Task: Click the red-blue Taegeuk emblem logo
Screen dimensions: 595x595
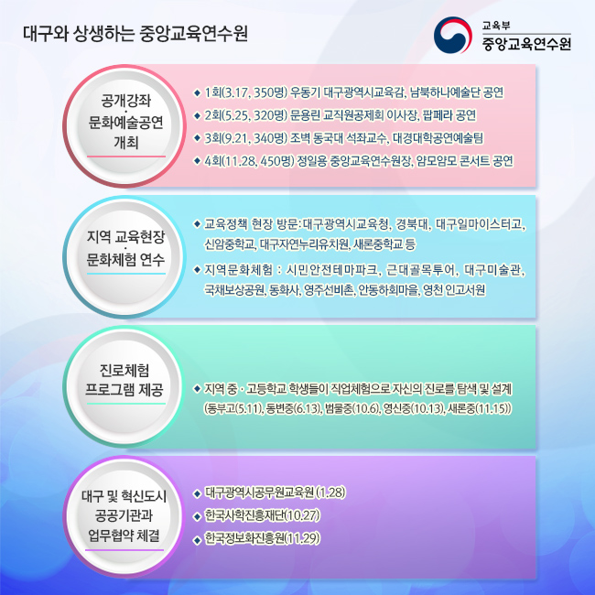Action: coord(452,35)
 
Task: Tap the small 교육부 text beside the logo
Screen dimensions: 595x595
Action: coord(496,26)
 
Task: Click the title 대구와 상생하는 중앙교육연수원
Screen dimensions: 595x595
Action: coord(135,33)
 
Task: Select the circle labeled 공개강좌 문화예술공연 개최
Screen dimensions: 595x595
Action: coord(124,126)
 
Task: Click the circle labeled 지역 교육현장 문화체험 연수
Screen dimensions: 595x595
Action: coord(124,257)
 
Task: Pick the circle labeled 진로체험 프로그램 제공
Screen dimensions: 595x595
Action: coord(124,387)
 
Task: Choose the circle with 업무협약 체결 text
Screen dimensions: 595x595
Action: coord(124,517)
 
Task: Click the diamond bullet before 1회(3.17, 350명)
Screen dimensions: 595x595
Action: coord(197,92)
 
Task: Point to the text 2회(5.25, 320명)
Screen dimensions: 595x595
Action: coord(245,115)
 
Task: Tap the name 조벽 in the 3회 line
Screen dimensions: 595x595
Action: coord(299,138)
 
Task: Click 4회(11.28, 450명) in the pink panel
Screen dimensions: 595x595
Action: coord(249,161)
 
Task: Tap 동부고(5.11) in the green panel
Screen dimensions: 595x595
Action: coord(233,408)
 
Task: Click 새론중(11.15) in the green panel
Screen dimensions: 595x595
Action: coord(480,408)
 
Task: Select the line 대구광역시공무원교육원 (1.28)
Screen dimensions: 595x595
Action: coord(276,492)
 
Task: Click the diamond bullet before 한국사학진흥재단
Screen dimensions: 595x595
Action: coord(197,516)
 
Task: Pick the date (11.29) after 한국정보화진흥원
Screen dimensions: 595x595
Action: coord(302,538)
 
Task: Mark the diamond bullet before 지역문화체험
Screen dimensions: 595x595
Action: coord(197,270)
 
